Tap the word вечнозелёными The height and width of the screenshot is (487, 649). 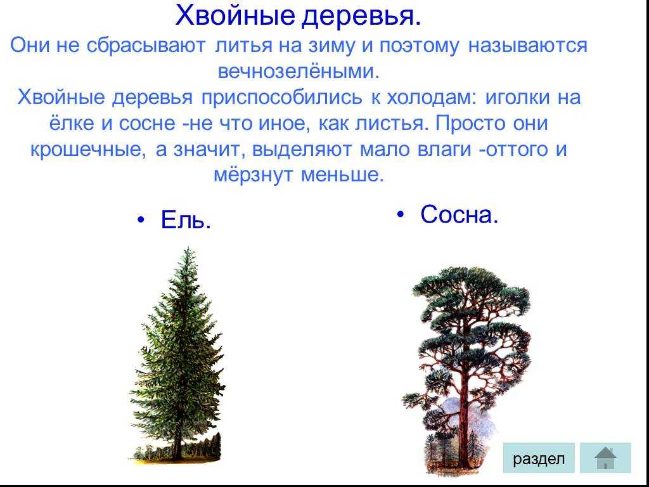coord(299,71)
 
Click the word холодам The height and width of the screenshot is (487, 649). coord(432,98)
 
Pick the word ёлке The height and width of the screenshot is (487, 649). coord(72,124)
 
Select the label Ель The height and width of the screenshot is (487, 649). coord(186,219)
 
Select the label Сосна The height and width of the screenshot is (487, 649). coord(459,214)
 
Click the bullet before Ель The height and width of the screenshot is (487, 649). coord(141,220)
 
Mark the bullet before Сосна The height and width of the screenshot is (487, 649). coord(401,214)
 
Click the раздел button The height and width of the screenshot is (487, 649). coord(539,458)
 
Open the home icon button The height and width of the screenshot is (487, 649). coord(605,458)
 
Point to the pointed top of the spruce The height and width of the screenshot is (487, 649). coord(188,248)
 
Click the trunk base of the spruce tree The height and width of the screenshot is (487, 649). coord(177,455)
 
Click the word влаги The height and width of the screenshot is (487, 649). coord(444,150)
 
